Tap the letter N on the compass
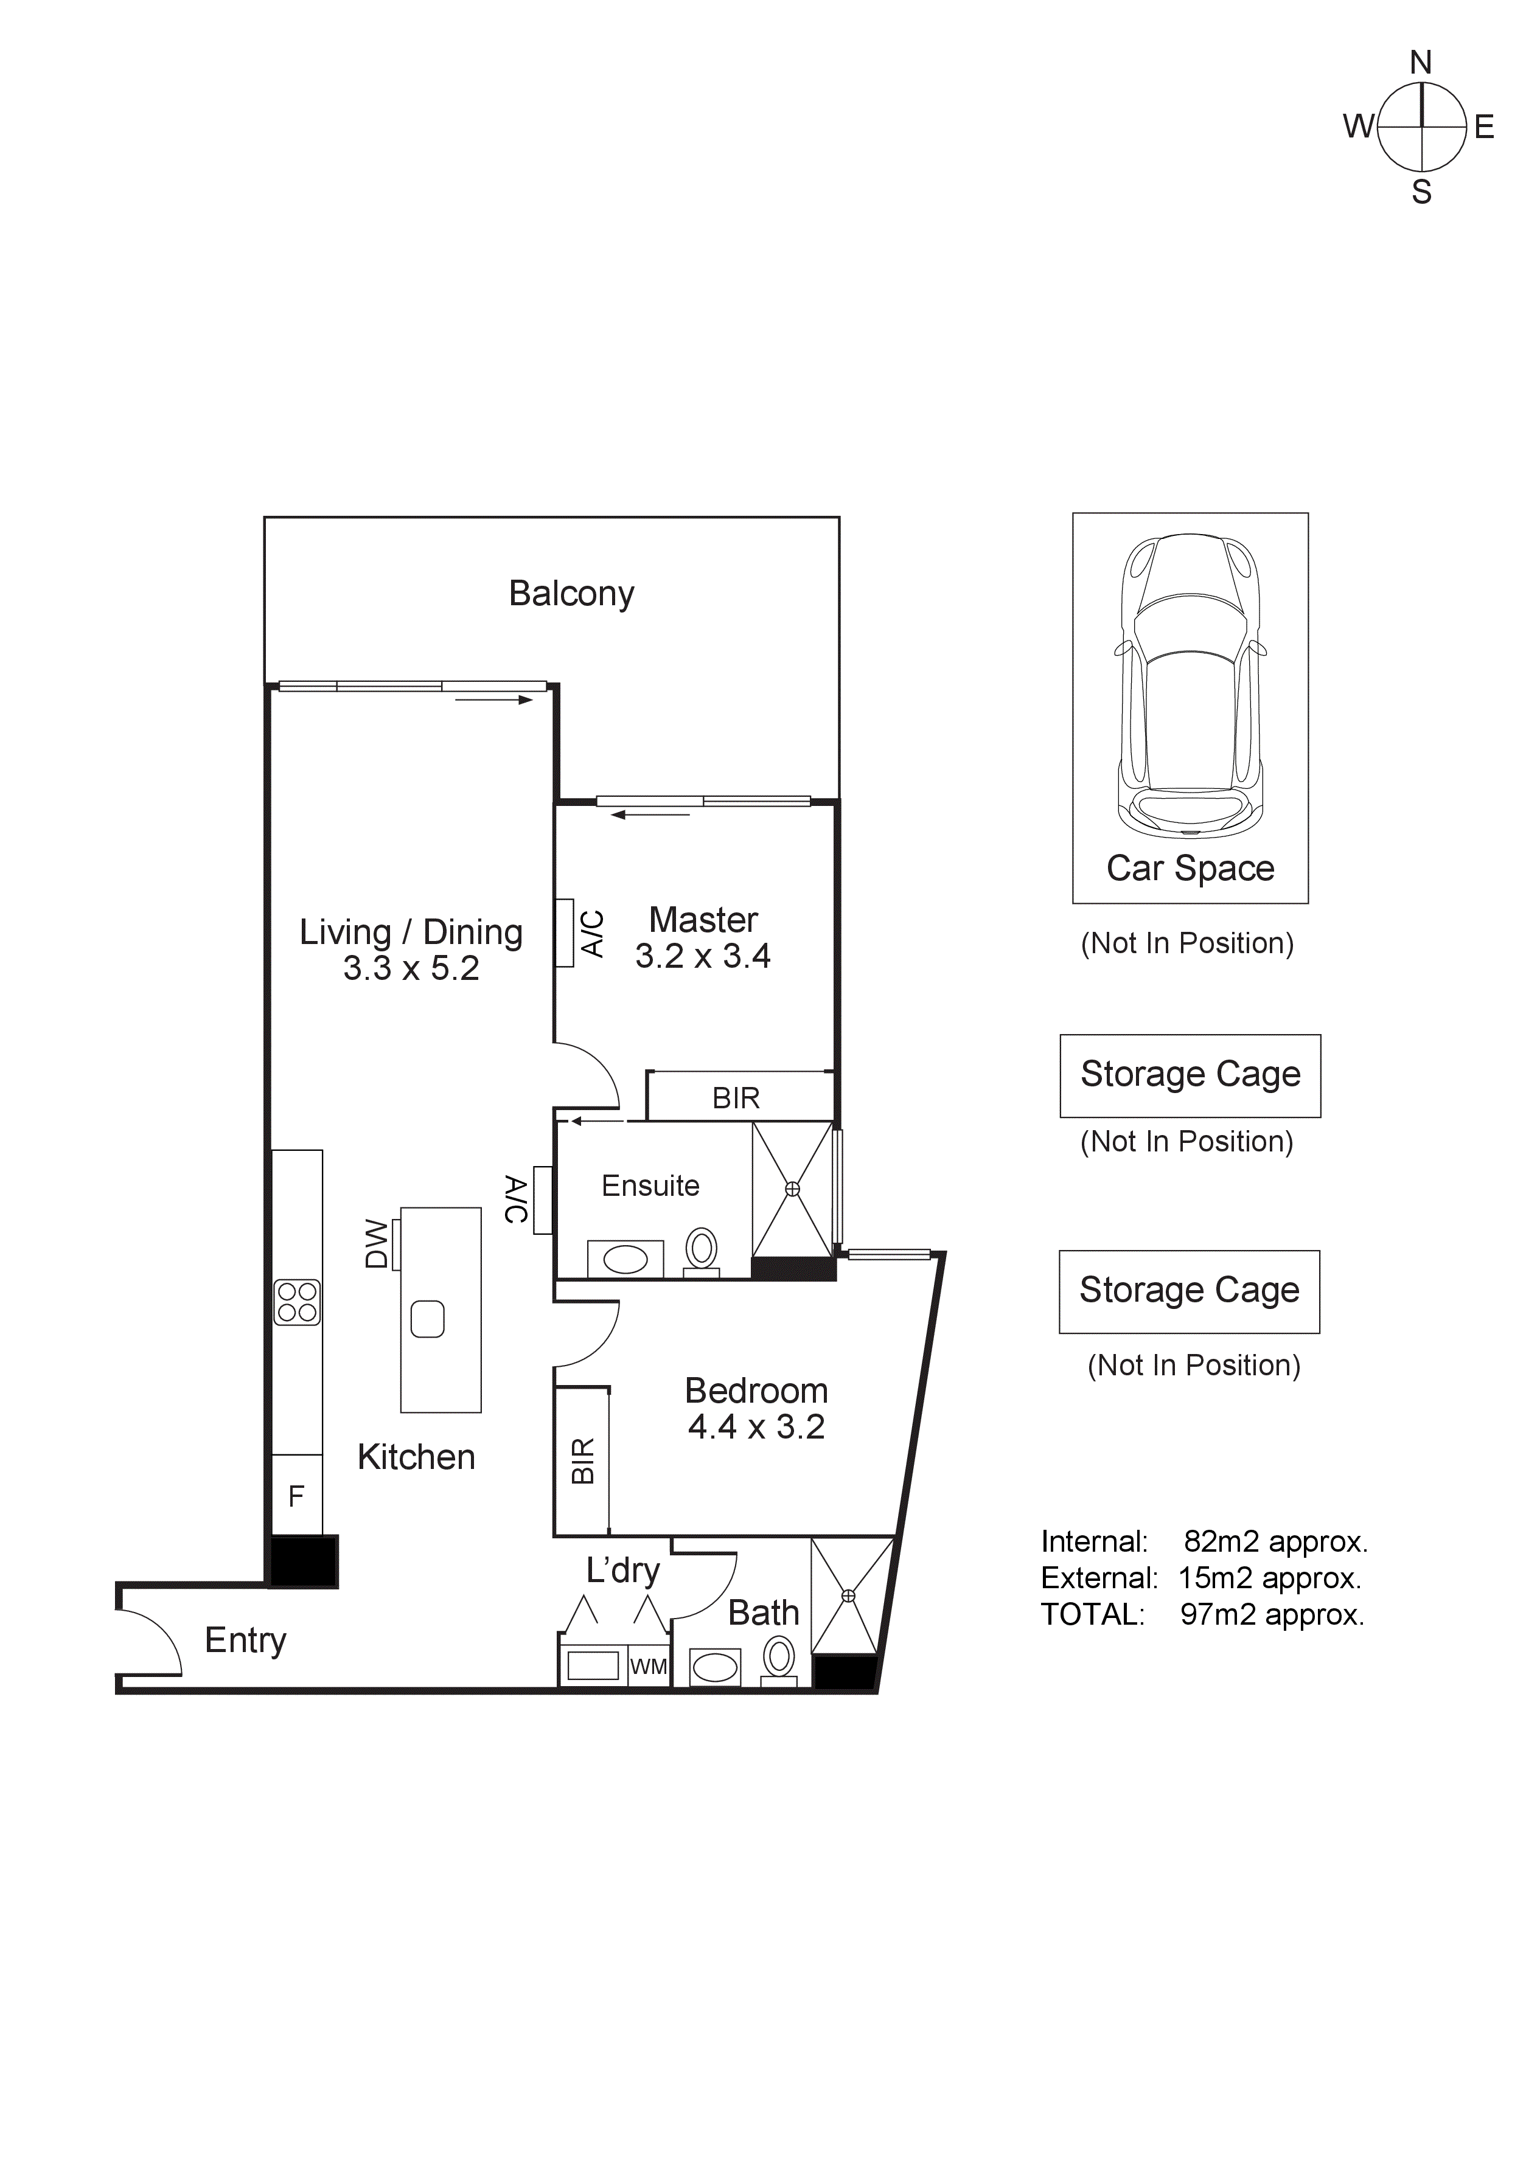(1421, 63)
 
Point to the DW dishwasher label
(377, 1244)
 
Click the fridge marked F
(297, 1496)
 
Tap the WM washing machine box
(649, 1666)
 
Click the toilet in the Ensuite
(702, 1249)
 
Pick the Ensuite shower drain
(793, 1189)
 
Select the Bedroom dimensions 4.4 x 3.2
(756, 1427)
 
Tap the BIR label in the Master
(736, 1098)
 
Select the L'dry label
(622, 1571)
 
